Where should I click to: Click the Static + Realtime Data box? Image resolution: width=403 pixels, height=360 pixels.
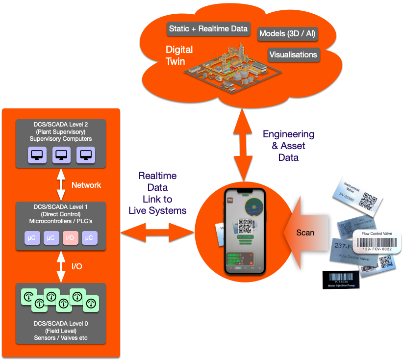click(208, 28)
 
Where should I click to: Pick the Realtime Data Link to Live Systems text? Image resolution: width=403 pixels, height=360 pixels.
click(157, 193)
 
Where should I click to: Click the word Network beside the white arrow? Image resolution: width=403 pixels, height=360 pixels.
click(86, 185)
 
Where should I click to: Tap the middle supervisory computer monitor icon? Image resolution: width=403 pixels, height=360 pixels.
click(61, 155)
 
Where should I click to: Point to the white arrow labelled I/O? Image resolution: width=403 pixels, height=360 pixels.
click(61, 266)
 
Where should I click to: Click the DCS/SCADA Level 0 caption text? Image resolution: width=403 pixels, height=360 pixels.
click(61, 330)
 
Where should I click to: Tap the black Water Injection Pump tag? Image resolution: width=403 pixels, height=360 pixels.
click(341, 280)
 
